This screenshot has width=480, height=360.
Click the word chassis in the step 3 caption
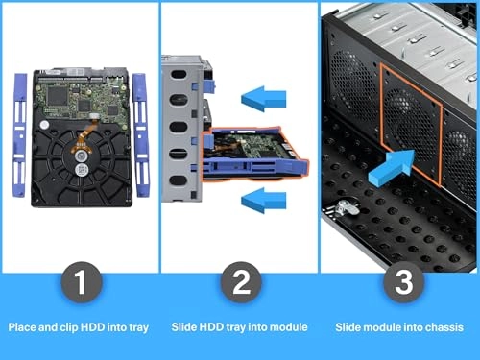coord(444,327)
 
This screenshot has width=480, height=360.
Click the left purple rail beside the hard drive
coord(21,138)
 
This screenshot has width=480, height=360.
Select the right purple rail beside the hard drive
coord(142,138)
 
